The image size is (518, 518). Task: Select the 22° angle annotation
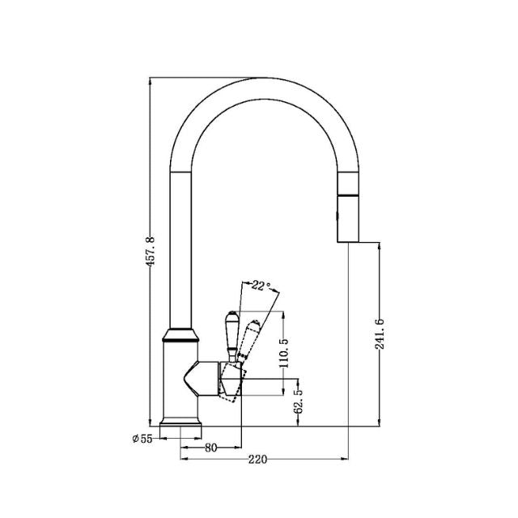tap(260, 285)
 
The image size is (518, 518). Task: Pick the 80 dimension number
tap(210, 446)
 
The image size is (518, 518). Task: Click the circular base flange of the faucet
tap(180, 423)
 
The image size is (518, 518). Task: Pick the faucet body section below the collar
tap(180, 380)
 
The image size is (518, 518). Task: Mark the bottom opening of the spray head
tap(348, 241)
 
